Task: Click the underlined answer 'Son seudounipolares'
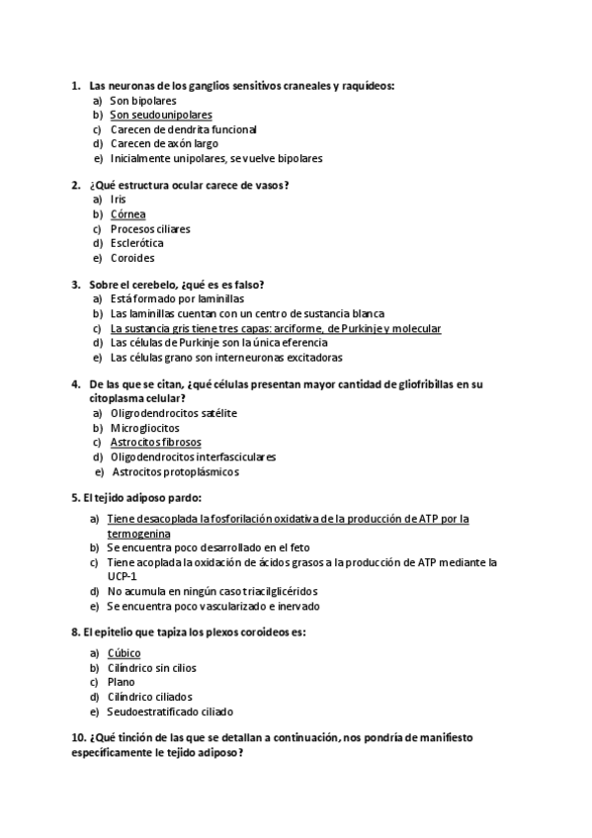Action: tap(161, 115)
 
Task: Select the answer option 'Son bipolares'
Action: tap(143, 100)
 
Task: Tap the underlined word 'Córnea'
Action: tap(128, 214)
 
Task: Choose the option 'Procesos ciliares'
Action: tap(150, 229)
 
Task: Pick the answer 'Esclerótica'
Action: tap(136, 243)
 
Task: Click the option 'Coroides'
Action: tap(132, 258)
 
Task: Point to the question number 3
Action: tap(75, 285)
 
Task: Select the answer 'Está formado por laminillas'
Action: tap(177, 299)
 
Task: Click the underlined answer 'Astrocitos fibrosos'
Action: tap(156, 443)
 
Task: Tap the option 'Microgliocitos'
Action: tap(145, 428)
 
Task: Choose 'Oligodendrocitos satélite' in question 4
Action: tap(174, 413)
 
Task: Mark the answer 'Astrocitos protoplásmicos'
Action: tap(176, 471)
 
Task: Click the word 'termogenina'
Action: tap(139, 533)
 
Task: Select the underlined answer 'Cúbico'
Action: tap(124, 653)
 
